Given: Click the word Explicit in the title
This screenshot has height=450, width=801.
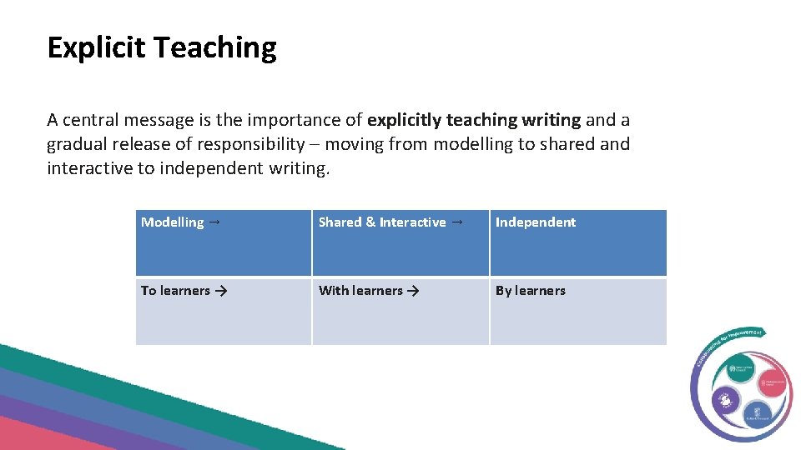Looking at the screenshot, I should [95, 48].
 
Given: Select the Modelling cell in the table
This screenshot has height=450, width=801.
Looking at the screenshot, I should [224, 242].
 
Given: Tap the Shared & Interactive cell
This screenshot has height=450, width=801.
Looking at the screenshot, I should [400, 242].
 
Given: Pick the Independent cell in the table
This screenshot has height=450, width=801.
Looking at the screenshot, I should [577, 242].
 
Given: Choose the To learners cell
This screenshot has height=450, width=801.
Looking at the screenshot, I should [224, 311].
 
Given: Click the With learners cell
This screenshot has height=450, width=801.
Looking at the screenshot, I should [400, 311].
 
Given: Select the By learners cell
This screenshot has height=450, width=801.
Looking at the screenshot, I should [577, 311].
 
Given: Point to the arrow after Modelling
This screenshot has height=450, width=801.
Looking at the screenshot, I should [215, 222].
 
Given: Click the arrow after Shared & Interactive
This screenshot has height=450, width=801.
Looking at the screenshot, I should [457, 222].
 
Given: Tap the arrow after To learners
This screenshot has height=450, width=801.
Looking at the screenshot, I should [220, 291].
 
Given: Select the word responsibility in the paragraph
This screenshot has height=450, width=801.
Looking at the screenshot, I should [253, 144].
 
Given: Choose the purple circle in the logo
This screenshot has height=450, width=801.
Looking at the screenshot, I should [725, 401].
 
